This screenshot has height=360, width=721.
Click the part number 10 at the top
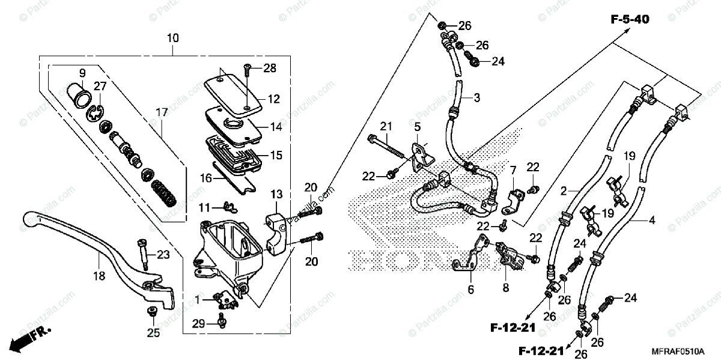[173, 38]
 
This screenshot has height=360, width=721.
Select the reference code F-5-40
[630, 20]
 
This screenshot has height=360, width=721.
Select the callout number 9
[82, 73]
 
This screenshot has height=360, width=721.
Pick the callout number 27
[100, 86]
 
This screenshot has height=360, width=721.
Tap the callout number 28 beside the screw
[269, 69]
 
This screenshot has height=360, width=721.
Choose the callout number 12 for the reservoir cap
[274, 99]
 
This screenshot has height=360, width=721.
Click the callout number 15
[276, 155]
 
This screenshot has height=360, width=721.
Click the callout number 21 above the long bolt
[385, 126]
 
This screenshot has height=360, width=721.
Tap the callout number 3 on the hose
[476, 97]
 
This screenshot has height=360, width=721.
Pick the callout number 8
[506, 288]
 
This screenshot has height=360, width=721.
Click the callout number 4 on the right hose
[652, 220]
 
